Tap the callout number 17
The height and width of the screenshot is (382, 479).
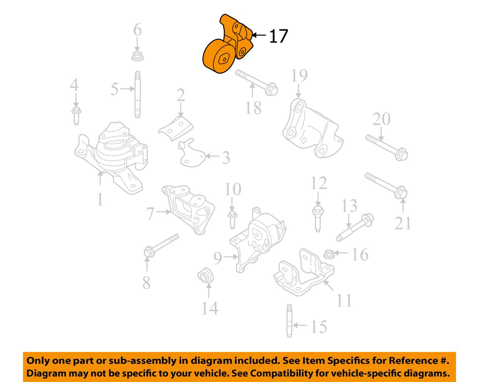pos(278,36)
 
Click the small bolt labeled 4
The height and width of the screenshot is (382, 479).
pos(76,116)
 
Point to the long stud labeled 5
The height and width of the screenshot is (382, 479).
pos(138,95)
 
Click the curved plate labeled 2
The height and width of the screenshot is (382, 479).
pos(176,128)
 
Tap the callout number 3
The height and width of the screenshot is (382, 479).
pos(226,158)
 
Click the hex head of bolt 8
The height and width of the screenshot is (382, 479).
pos(149,252)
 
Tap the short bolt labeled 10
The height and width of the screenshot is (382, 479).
pos(232,220)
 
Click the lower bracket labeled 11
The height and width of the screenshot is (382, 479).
pos(304,273)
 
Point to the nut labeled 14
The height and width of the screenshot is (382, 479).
pos(205,276)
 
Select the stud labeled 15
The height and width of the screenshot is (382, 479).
pos(289,321)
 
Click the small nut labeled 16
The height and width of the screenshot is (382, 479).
pos(329,254)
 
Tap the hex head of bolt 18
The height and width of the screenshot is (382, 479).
pos(271,89)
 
